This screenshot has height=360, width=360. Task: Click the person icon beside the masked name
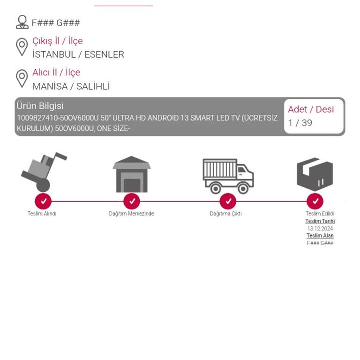pyautogui.click(x=22, y=22)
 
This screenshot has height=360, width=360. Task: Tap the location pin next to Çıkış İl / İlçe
pyautogui.click(x=22, y=47)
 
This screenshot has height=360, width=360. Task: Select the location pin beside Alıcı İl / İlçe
pyautogui.click(x=22, y=79)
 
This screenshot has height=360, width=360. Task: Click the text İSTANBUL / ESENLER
pyautogui.click(x=78, y=55)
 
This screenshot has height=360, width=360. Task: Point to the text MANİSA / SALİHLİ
pyautogui.click(x=71, y=87)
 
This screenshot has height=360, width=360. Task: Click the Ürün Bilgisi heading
pyautogui.click(x=40, y=106)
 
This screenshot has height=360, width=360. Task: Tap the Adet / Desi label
pyautogui.click(x=311, y=109)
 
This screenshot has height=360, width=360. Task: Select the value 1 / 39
pyautogui.click(x=300, y=123)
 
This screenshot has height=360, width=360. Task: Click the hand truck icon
pyautogui.click(x=44, y=172)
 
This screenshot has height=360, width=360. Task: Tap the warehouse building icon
pyautogui.click(x=132, y=174)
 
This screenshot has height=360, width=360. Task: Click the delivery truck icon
pyautogui.click(x=228, y=176)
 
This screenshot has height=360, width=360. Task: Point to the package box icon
pyautogui.click(x=315, y=174)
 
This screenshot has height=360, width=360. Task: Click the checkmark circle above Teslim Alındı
pyautogui.click(x=43, y=202)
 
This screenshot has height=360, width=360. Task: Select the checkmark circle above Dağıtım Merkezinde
pyautogui.click(x=132, y=202)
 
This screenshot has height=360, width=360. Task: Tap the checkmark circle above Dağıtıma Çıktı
pyautogui.click(x=228, y=202)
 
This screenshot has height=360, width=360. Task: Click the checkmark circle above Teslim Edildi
pyautogui.click(x=315, y=202)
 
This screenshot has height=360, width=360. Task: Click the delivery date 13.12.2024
pyautogui.click(x=320, y=228)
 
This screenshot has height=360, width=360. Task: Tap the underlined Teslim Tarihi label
pyautogui.click(x=320, y=221)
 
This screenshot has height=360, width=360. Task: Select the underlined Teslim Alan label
pyautogui.click(x=320, y=236)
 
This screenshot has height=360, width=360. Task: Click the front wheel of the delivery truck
pyautogui.click(x=243, y=188)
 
